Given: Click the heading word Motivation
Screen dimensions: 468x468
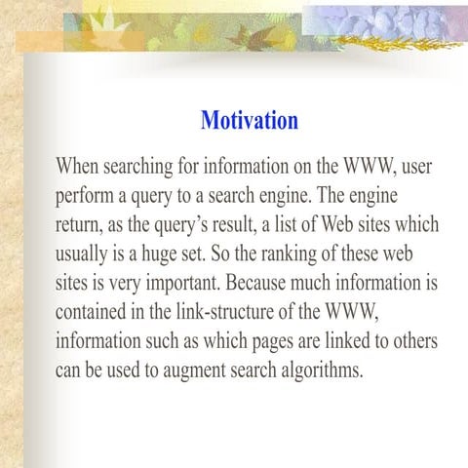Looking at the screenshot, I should click(249, 121).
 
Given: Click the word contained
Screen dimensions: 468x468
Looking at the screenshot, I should click(95, 314).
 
